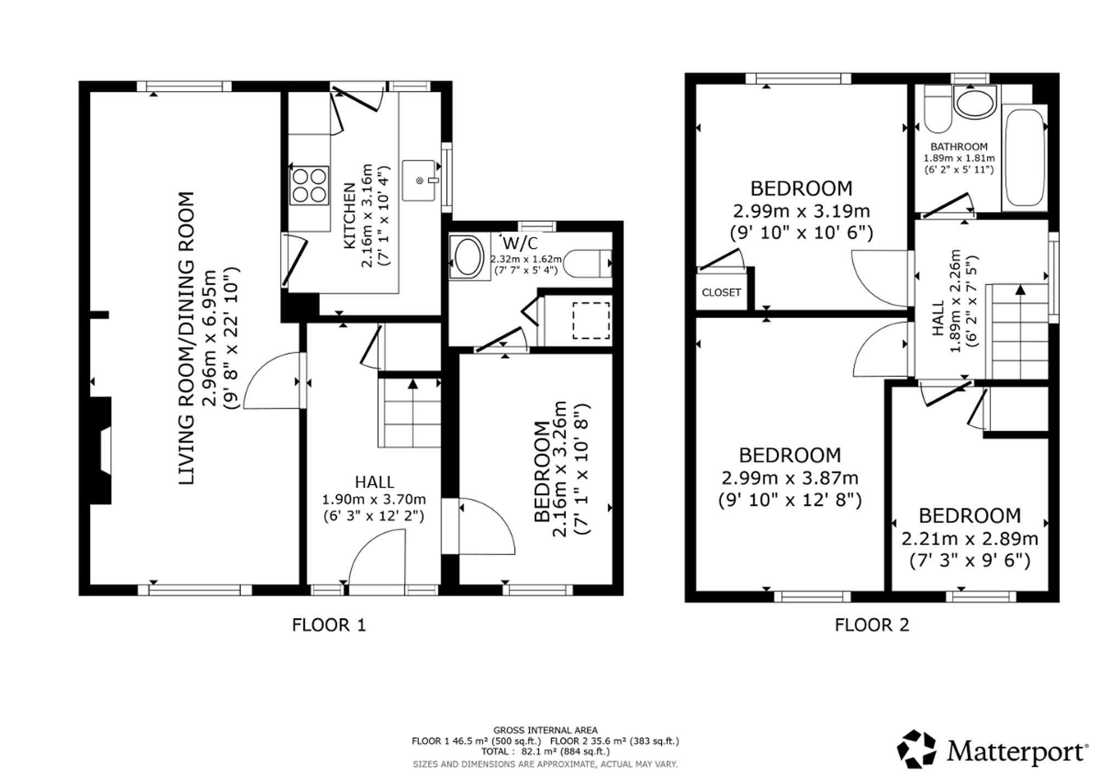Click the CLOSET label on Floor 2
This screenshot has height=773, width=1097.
click(721, 292)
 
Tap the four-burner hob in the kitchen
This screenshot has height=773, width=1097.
click(309, 185)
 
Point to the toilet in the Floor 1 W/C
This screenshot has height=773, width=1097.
click(587, 264)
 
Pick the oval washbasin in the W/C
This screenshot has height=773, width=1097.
click(467, 256)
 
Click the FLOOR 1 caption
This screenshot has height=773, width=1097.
click(329, 625)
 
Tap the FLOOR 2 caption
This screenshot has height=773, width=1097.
click(872, 625)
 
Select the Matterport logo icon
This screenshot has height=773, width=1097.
click(916, 749)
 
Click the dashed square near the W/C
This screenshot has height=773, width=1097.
click(591, 320)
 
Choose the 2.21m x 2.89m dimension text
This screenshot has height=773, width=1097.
click(970, 539)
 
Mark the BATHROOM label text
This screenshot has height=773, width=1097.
click(959, 146)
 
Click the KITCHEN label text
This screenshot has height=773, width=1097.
click(349, 216)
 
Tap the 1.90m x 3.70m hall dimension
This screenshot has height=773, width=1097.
click(374, 500)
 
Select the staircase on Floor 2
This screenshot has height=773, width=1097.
click(1017, 331)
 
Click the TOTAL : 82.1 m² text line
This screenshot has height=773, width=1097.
click(545, 751)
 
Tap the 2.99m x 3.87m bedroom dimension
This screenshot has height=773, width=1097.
click(790, 478)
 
